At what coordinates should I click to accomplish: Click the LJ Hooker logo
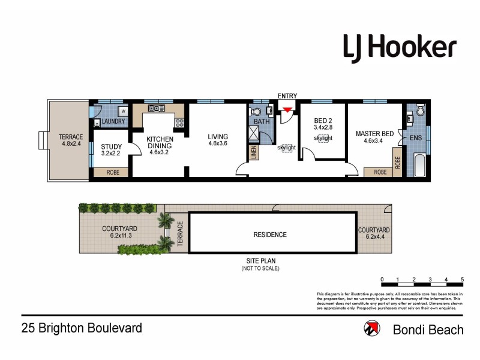399,47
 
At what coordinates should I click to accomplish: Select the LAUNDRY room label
113,122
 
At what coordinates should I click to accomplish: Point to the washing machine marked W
123,111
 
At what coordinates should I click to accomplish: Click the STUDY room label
111,147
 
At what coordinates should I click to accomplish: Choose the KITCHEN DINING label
160,142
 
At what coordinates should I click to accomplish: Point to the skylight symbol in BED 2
323,138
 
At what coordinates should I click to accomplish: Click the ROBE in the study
112,172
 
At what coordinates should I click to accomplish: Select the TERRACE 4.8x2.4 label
71,140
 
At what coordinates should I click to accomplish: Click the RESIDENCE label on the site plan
269,235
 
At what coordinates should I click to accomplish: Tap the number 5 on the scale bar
462,280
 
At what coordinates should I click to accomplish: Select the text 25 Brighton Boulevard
82,328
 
